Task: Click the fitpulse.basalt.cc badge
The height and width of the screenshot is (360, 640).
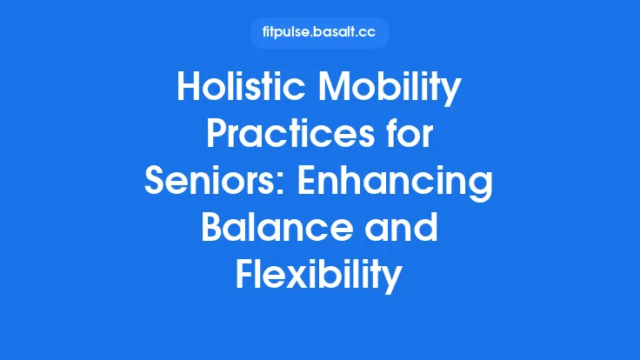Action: pyautogui.click(x=319, y=33)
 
